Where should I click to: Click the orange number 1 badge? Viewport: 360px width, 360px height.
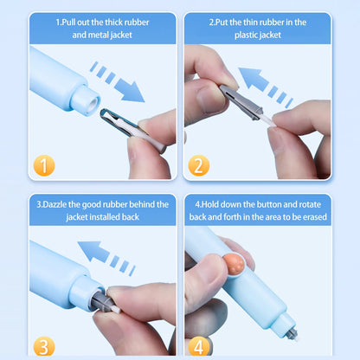(x=44, y=165)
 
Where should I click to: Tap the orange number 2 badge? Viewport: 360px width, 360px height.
(x=199, y=165)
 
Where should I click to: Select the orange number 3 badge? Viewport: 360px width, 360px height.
(x=44, y=347)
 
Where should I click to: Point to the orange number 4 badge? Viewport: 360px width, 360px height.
(x=199, y=347)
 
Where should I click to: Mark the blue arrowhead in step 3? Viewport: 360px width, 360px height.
(x=93, y=252)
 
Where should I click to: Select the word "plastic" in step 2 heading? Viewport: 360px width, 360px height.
(x=246, y=35)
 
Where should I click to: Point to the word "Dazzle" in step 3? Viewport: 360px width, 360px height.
(x=55, y=204)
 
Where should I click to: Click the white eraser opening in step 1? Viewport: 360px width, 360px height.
(x=93, y=103)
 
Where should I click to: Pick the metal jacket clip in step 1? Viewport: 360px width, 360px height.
(x=132, y=130)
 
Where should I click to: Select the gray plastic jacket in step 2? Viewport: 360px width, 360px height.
(x=241, y=102)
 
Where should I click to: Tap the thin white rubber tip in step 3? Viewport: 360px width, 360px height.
(x=115, y=310)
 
